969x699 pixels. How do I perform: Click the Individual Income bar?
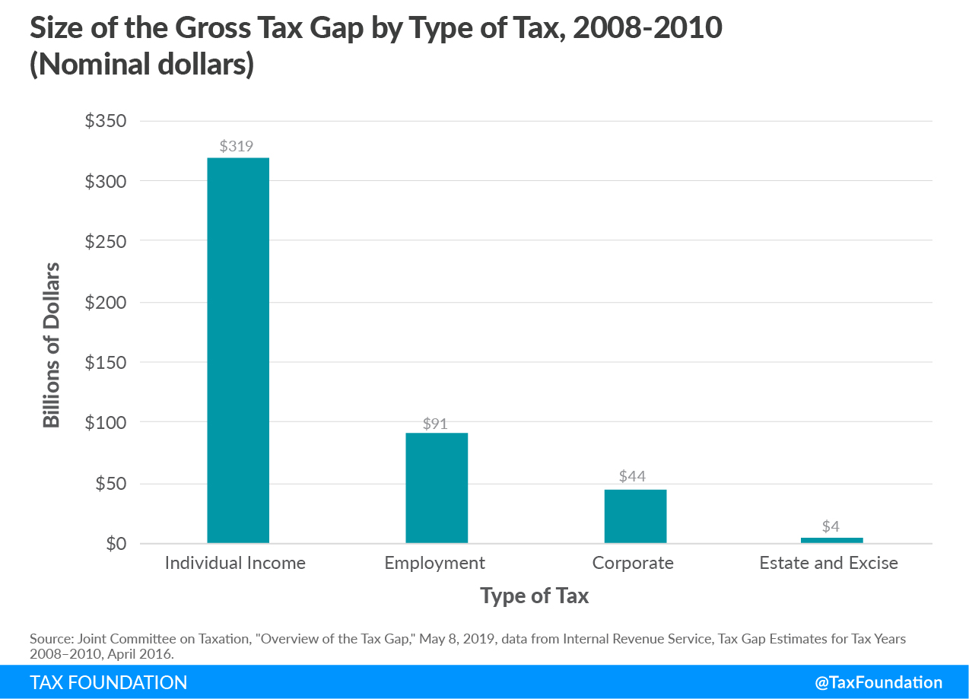pos(237,350)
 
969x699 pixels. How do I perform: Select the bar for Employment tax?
pos(437,488)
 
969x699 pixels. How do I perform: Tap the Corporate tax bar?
pos(635,516)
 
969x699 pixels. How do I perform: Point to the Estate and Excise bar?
pos(831,540)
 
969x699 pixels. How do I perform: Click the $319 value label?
pos(236,147)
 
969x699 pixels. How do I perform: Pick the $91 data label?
pos(435,424)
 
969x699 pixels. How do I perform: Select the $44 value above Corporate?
pos(633,477)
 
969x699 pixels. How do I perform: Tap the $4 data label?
pos(831,526)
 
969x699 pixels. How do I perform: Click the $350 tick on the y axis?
pos(105,122)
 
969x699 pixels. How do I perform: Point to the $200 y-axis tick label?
pos(105,303)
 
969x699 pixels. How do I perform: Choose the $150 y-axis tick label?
pos(105,363)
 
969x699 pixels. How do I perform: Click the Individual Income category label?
pos(235,564)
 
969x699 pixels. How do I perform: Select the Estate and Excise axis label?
pos(828,564)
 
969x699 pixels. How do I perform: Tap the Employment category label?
pos(434,564)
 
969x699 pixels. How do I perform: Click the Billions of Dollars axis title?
pos(52,345)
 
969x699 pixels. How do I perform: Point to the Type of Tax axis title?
pos(534,596)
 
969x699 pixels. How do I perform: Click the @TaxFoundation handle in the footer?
pos(878,682)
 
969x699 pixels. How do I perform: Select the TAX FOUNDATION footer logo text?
pos(109,682)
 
